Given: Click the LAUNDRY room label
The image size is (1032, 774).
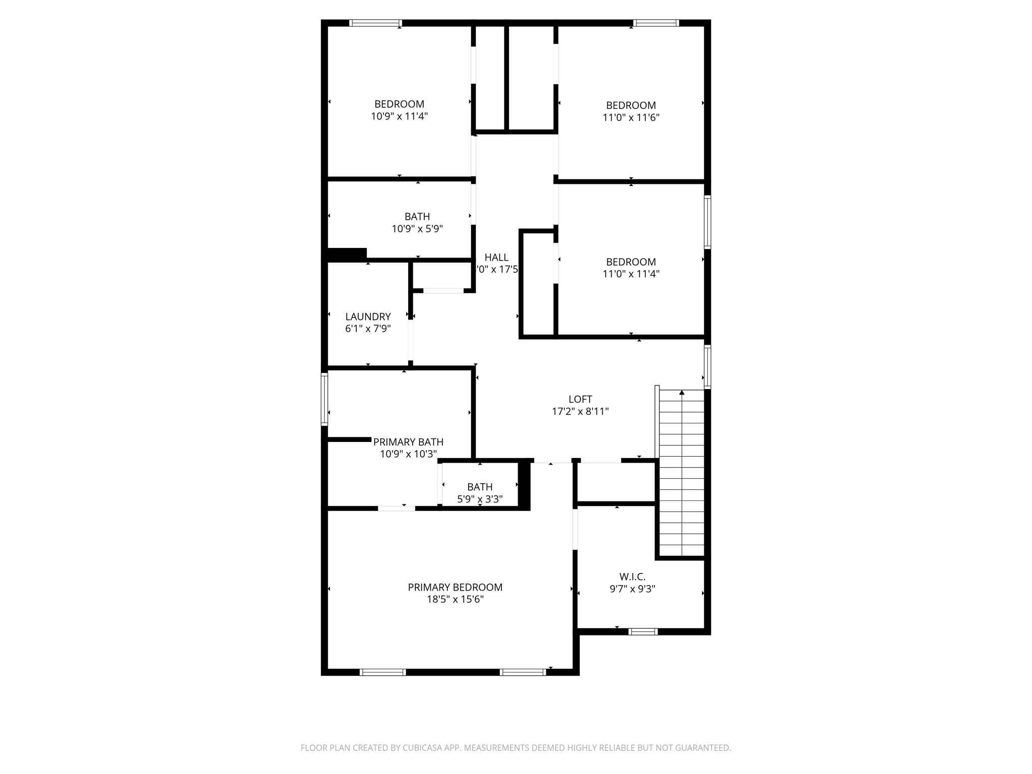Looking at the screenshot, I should click(368, 316).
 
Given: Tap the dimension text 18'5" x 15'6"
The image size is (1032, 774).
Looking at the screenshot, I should click(455, 599).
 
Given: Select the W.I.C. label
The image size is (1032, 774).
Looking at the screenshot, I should click(632, 576).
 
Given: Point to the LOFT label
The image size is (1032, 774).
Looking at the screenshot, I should click(580, 399).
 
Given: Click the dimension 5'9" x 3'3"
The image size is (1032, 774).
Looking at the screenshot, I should click(480, 499).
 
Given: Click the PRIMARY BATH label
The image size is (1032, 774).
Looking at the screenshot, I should click(408, 442).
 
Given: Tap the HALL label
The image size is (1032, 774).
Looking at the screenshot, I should click(496, 257).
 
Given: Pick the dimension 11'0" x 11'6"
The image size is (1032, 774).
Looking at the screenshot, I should click(631, 117).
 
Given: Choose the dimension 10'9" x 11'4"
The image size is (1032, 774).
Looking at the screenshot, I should click(399, 116).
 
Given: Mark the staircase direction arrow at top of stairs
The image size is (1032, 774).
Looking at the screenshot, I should click(682, 393).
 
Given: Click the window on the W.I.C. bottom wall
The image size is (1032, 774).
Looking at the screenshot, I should click(643, 631).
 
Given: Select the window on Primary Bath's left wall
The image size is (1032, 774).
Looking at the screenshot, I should click(325, 399).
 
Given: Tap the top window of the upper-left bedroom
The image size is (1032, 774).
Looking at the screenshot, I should click(375, 23).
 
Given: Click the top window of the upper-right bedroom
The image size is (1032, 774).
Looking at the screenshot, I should click(656, 23).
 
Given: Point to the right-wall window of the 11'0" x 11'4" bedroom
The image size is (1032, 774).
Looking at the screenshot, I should click(707, 222).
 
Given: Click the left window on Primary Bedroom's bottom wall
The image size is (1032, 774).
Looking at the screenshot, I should click(382, 672).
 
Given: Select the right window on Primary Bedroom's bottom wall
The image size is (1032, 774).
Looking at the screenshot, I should click(523, 672).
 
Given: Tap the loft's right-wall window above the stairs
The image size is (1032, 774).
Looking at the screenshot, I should click(707, 366).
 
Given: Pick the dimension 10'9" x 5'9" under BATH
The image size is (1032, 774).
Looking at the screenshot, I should click(417, 229).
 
